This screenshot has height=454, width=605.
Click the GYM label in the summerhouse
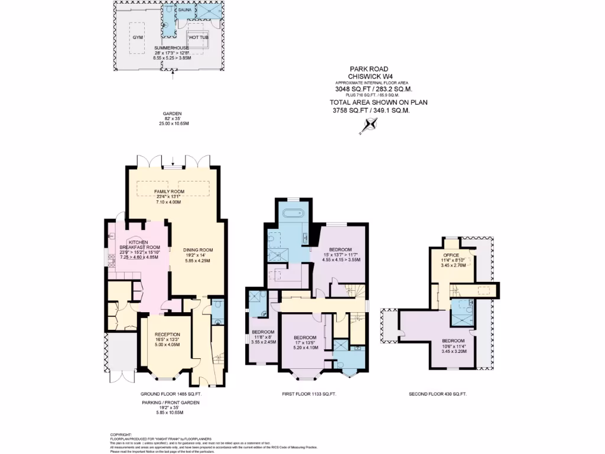point(138,37)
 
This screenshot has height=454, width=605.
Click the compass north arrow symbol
point(370,124)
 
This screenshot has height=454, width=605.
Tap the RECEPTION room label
point(167,335)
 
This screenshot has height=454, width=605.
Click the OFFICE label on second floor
point(451,255)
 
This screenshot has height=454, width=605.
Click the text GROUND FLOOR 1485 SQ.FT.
point(171,394)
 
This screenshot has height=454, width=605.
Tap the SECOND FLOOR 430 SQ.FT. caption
point(438,394)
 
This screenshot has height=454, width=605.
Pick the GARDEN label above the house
point(172,113)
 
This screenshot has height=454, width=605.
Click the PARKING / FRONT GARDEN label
point(171,402)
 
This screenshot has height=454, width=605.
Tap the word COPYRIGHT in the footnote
point(121,434)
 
